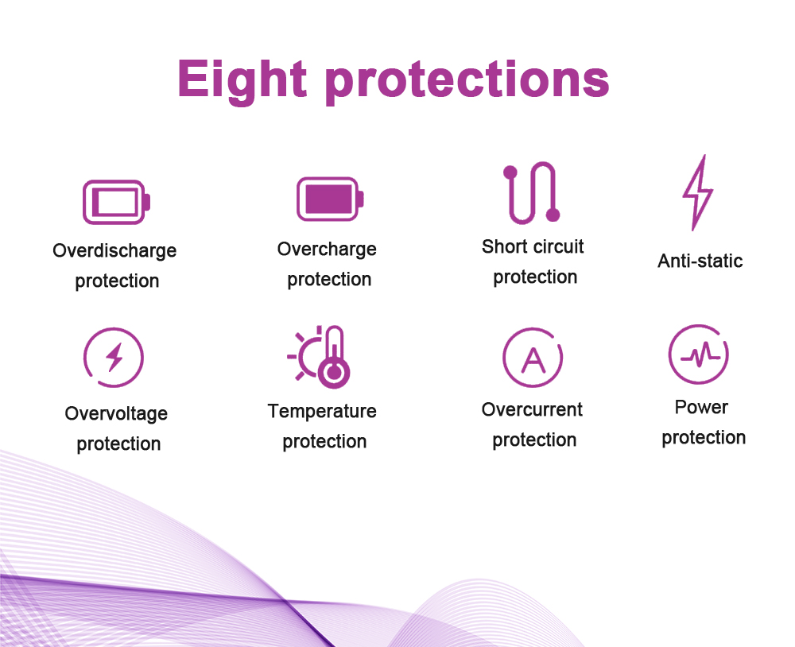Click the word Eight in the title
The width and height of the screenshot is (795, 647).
tap(242, 80)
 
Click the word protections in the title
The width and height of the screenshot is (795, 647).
tap(467, 80)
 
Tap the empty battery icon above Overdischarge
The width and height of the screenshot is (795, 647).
tap(117, 202)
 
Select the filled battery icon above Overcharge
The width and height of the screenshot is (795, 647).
tap(331, 199)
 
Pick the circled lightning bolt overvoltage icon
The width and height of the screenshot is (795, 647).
tap(114, 357)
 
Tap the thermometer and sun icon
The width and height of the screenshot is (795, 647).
tap(319, 356)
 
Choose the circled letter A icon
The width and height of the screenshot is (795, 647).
tap(533, 358)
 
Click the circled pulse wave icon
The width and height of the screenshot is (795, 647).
tap(699, 354)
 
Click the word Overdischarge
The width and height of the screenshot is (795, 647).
tap(114, 251)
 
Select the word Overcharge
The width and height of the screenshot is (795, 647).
tap(327, 250)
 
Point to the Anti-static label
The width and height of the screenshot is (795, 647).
tap(700, 261)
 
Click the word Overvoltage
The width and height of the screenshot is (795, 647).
tap(116, 414)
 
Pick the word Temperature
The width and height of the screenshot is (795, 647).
tap(322, 411)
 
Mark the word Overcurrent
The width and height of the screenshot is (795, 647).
tap(532, 409)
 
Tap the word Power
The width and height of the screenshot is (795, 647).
tap(701, 407)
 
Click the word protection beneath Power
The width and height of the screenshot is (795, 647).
tap(704, 438)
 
